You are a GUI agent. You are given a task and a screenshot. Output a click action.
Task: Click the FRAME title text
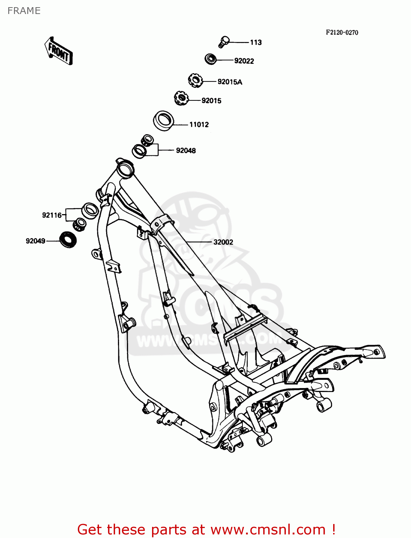[x=24, y=11]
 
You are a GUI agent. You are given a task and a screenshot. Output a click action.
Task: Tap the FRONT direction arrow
[x=58, y=51]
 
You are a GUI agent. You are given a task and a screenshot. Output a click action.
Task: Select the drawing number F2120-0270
[x=342, y=32]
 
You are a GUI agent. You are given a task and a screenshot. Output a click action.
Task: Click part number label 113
[x=256, y=42]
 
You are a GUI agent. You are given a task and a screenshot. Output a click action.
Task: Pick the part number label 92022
[x=244, y=61]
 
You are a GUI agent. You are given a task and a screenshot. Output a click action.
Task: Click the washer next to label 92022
[x=211, y=59]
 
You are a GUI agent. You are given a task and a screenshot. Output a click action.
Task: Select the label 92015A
[x=230, y=82]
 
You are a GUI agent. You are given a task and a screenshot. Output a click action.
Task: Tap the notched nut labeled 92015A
[x=195, y=80]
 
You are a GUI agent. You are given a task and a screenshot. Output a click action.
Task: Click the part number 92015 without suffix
[x=211, y=101]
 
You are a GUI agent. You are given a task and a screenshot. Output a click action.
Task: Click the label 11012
[x=199, y=124]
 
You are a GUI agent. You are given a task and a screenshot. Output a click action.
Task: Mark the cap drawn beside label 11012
[x=164, y=120]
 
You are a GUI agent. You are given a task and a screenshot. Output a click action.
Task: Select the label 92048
[x=186, y=151]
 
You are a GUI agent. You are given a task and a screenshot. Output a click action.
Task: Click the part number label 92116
[x=52, y=215]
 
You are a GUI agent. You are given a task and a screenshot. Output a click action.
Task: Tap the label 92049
[x=36, y=241]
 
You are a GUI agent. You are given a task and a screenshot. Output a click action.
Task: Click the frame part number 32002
[x=223, y=242]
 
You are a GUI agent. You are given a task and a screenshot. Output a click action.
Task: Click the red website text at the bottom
[x=206, y=529]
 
